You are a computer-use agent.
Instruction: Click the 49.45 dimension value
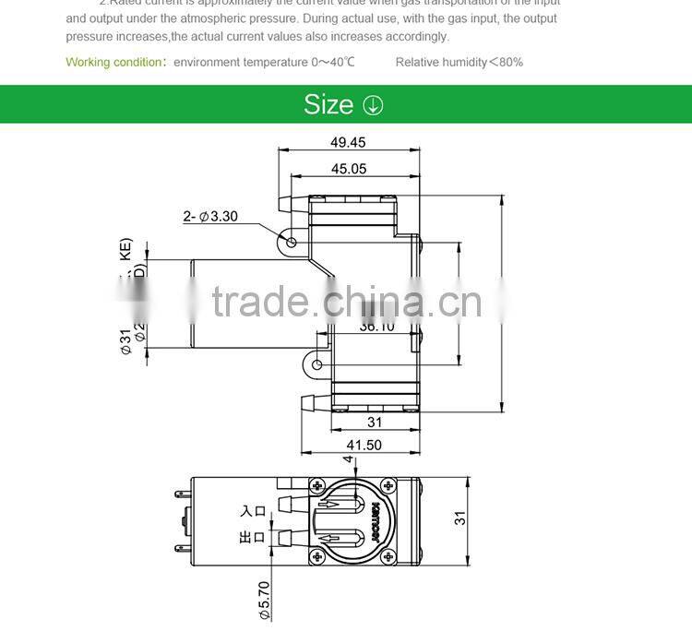(x=348, y=142)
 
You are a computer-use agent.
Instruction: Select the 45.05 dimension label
(x=349, y=169)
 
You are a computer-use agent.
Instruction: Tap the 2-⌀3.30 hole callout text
(x=210, y=217)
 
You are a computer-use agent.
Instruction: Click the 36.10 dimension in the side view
(x=376, y=326)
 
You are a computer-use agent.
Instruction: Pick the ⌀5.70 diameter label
(x=263, y=600)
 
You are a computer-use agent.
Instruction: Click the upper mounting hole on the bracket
(x=292, y=243)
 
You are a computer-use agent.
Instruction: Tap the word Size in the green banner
(x=328, y=105)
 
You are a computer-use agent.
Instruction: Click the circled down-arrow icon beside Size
(x=373, y=105)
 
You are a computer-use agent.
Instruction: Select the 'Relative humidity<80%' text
(x=459, y=62)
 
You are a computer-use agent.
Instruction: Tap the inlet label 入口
(x=253, y=510)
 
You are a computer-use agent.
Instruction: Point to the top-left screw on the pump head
(x=317, y=486)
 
